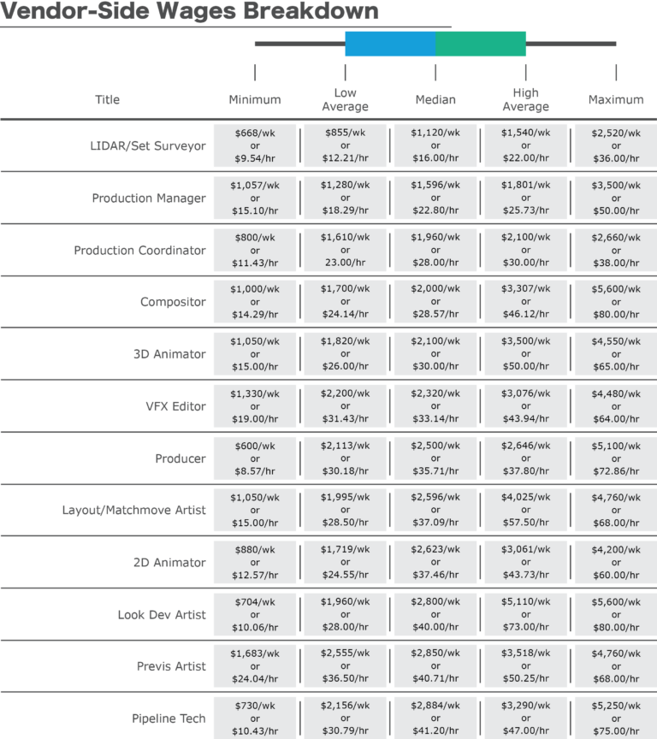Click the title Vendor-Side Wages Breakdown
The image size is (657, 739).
(x=189, y=12)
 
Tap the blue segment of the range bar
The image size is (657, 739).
(x=390, y=44)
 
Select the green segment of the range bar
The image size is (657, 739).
(x=481, y=44)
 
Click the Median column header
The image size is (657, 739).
(x=435, y=100)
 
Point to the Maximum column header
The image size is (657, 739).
(x=616, y=100)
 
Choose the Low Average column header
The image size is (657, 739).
(x=345, y=100)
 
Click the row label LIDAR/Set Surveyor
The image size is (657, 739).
(x=149, y=146)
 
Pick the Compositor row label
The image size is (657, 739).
(x=173, y=302)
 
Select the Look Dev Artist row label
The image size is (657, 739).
(x=162, y=615)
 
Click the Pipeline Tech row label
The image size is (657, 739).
(x=169, y=718)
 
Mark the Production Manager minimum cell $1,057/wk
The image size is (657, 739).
(x=255, y=198)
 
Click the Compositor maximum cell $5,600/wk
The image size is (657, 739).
(x=616, y=302)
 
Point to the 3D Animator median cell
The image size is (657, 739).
(x=435, y=354)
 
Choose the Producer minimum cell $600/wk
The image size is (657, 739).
(x=255, y=458)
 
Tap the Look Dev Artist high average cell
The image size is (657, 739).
(x=525, y=615)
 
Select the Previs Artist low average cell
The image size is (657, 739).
(x=345, y=666)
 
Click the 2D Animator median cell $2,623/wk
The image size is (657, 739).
(x=435, y=563)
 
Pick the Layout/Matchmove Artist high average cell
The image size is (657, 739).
(x=525, y=511)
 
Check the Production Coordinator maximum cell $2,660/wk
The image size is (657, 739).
(x=616, y=251)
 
